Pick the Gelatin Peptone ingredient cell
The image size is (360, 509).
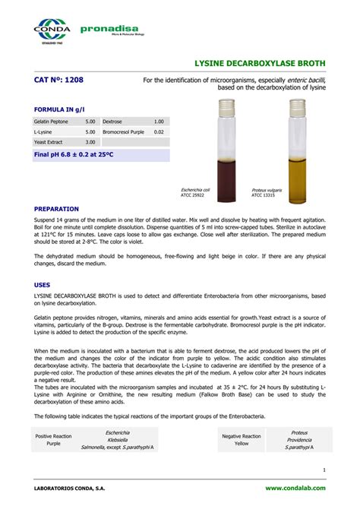pyautogui.click(x=51, y=122)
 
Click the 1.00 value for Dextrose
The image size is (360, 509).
pyautogui.click(x=158, y=122)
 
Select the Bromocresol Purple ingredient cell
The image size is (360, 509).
pyautogui.click(x=123, y=131)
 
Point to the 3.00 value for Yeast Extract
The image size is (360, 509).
pyautogui.click(x=90, y=142)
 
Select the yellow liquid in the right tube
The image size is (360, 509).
pyautogui.click(x=298, y=179)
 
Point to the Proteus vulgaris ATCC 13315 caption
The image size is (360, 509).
pyautogui.click(x=267, y=192)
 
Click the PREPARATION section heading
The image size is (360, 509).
pyautogui.click(x=57, y=208)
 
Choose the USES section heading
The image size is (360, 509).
pyautogui.click(x=43, y=283)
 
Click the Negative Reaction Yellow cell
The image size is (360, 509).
pyautogui.click(x=241, y=439)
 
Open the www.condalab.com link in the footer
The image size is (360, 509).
pyautogui.click(x=295, y=487)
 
